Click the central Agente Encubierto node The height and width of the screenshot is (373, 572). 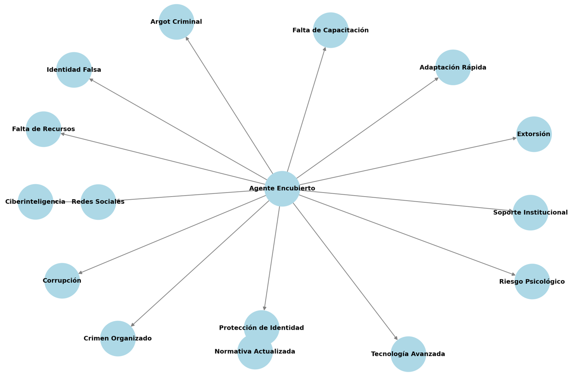282,189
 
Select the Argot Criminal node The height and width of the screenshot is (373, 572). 176,22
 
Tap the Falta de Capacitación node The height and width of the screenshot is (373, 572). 330,30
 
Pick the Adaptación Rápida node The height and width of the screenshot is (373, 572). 453,67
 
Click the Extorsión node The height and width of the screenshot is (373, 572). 534,134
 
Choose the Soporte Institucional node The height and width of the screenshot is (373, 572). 530,213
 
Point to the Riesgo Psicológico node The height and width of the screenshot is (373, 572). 532,281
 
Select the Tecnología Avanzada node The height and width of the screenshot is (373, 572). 408,354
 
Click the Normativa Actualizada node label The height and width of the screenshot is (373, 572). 255,352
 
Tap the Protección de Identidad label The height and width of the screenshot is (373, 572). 261,328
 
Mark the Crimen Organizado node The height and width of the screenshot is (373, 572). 118,339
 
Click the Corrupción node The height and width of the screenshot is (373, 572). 62,281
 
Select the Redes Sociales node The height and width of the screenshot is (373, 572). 98,202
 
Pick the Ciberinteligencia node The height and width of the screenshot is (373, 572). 35,202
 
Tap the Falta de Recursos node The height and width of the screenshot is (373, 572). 43,129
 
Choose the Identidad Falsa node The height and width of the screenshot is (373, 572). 74,70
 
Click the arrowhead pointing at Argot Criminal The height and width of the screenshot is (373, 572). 187,39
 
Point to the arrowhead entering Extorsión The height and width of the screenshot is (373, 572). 514,138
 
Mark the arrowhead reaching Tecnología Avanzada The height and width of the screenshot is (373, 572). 396,338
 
